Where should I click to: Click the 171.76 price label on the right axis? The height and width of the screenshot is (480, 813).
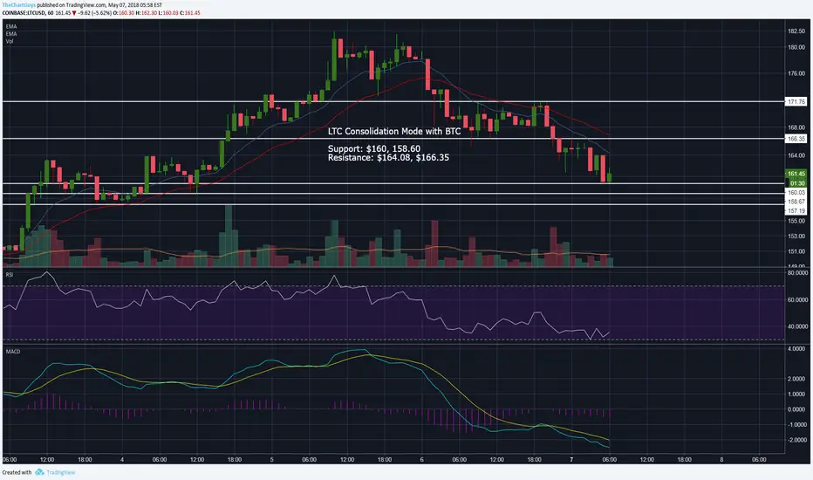[x=795, y=102]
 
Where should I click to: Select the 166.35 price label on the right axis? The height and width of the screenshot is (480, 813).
[x=795, y=139]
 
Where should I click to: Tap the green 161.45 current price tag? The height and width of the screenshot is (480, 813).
[x=795, y=174]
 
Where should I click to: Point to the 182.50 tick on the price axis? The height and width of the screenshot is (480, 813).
[x=795, y=31]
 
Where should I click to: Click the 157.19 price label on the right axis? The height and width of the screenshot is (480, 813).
[x=795, y=211]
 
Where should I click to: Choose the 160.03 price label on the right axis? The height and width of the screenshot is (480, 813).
[x=795, y=192]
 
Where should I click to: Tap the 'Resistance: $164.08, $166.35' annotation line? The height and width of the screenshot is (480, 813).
[x=390, y=159]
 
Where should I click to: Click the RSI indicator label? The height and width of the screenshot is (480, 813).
[x=10, y=273]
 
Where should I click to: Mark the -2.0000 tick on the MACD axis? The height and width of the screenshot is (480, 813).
[x=796, y=440]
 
